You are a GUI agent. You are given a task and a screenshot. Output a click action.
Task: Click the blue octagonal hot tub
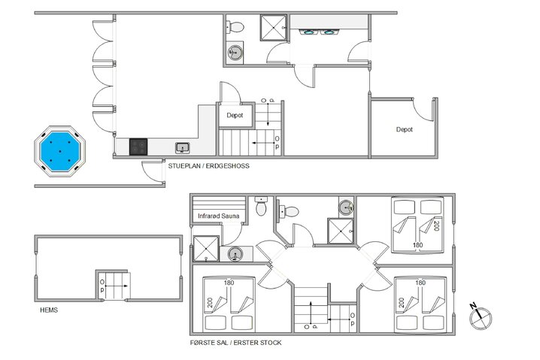59,151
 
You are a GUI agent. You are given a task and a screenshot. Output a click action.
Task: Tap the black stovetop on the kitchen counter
138,147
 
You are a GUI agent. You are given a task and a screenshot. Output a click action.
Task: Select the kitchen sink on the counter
183,148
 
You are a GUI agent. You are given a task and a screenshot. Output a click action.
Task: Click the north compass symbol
480,317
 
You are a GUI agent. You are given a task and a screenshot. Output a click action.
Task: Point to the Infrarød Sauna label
218,216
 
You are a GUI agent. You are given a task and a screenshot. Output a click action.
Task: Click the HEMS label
49,310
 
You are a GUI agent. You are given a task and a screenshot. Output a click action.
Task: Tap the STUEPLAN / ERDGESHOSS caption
208,166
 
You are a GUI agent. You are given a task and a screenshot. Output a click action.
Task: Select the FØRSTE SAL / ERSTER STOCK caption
236,343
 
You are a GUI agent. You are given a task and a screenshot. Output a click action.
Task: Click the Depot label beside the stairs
235,115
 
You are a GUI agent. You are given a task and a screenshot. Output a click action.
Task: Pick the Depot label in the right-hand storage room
405,129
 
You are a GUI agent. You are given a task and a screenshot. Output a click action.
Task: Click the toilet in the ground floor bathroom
235,27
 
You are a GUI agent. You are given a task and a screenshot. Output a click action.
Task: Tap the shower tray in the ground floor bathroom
274,28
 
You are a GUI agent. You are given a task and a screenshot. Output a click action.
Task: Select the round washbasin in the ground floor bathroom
235,53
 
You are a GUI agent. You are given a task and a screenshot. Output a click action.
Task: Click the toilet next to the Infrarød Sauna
261,206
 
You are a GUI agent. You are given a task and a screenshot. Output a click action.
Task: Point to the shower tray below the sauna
206,249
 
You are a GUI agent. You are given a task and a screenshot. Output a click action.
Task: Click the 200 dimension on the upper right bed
436,225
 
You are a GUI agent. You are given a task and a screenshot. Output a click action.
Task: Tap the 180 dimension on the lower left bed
229,283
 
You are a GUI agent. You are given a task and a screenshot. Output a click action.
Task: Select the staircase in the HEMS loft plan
114,286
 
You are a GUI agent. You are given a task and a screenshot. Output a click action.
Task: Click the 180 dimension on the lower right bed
420,283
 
